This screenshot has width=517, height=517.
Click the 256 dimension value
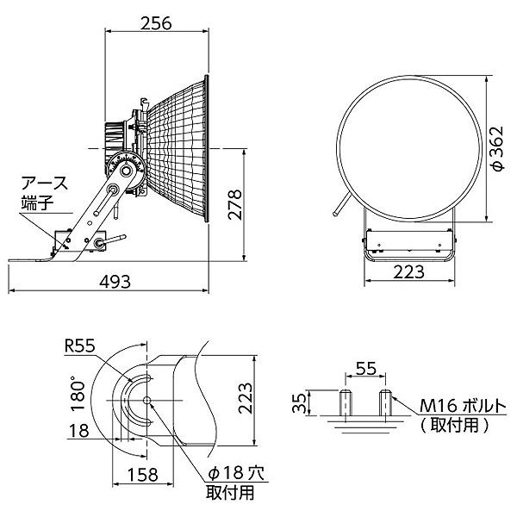pyautogui.click(x=156, y=23)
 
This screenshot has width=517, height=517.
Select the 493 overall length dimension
pyautogui.click(x=115, y=282)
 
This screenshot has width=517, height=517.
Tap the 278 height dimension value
pyautogui.click(x=235, y=204)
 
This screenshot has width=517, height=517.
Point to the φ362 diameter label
pyautogui.click(x=497, y=148)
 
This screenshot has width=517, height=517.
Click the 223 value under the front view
pyautogui.click(x=408, y=272)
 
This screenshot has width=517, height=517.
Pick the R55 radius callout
pyautogui.click(x=80, y=346)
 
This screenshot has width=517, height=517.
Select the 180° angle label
pyautogui.click(x=78, y=396)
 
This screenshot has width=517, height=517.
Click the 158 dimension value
pyautogui.click(x=143, y=475)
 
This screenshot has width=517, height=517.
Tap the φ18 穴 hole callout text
pyautogui.click(x=236, y=473)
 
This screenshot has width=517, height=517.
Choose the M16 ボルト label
pyautogui.click(x=463, y=406)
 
